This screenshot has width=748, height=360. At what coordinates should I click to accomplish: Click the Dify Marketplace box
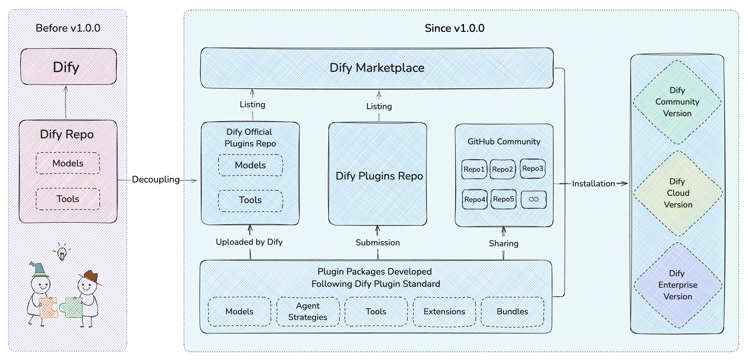[x=377, y=68]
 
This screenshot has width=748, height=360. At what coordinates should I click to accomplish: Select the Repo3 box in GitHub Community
[x=532, y=169]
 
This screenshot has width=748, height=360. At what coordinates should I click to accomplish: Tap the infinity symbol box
[x=534, y=199]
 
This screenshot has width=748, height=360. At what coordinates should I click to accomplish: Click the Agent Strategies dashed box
[x=308, y=311]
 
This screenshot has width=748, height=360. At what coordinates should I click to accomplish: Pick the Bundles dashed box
[x=512, y=311]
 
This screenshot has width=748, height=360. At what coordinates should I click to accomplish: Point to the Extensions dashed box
[x=444, y=311]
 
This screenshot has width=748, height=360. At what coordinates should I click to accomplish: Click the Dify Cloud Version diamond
[x=678, y=193]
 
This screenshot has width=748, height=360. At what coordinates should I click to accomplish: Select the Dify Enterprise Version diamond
[x=678, y=285]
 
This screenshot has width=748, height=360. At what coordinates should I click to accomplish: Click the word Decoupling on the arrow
[x=156, y=180]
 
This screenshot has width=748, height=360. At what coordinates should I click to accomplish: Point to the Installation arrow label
[x=593, y=184]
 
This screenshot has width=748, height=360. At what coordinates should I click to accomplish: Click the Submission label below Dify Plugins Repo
[x=378, y=243]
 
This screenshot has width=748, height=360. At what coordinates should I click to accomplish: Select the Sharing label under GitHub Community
[x=504, y=244]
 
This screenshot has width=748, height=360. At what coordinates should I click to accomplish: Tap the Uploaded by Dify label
[x=249, y=242]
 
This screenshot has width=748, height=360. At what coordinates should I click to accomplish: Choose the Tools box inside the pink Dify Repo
[x=68, y=199]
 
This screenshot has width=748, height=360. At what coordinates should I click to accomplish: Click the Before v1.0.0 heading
[x=68, y=28]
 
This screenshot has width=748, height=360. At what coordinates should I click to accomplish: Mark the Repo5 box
[x=504, y=199]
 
